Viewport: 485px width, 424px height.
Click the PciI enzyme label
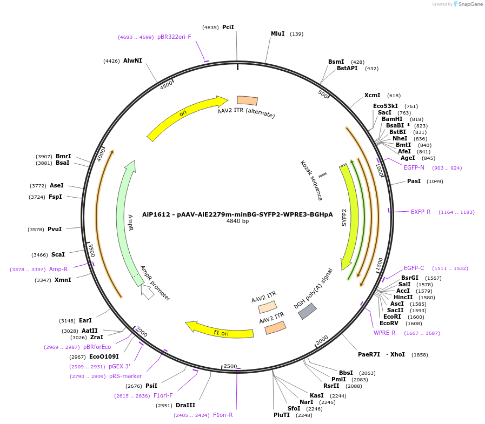228,27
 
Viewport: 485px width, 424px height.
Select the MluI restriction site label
277,33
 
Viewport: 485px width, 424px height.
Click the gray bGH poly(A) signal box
308,311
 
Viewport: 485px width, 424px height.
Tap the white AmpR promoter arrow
147,292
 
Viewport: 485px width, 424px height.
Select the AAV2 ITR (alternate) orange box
248,100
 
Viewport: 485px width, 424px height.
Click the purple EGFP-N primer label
414,167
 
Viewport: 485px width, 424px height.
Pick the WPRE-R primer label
384,333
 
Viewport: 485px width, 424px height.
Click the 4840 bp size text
237,221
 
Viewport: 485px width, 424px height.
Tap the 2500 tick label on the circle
230,366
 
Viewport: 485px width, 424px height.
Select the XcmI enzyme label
372,95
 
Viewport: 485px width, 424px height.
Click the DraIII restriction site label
185,405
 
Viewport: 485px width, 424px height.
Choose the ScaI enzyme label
58,254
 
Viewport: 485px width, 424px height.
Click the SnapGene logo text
468,4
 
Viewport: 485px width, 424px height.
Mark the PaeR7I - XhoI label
381,355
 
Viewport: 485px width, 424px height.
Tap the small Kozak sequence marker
322,175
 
